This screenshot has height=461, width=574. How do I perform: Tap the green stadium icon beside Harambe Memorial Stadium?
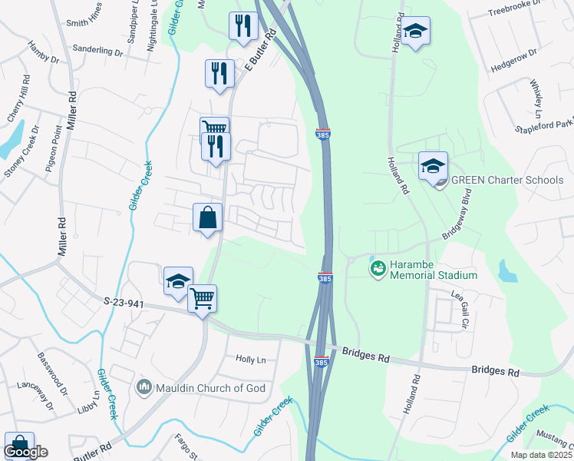tap(378, 268)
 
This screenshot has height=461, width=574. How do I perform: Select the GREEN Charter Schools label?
tap(507, 181)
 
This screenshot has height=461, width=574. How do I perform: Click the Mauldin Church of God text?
tap(212, 388)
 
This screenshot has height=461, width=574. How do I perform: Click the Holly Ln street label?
tap(250, 359)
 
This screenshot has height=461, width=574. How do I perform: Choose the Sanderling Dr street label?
tap(97, 50)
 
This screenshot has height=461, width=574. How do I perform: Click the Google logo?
tap(25, 452)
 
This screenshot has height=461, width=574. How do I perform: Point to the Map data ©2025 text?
tap(540, 455)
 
